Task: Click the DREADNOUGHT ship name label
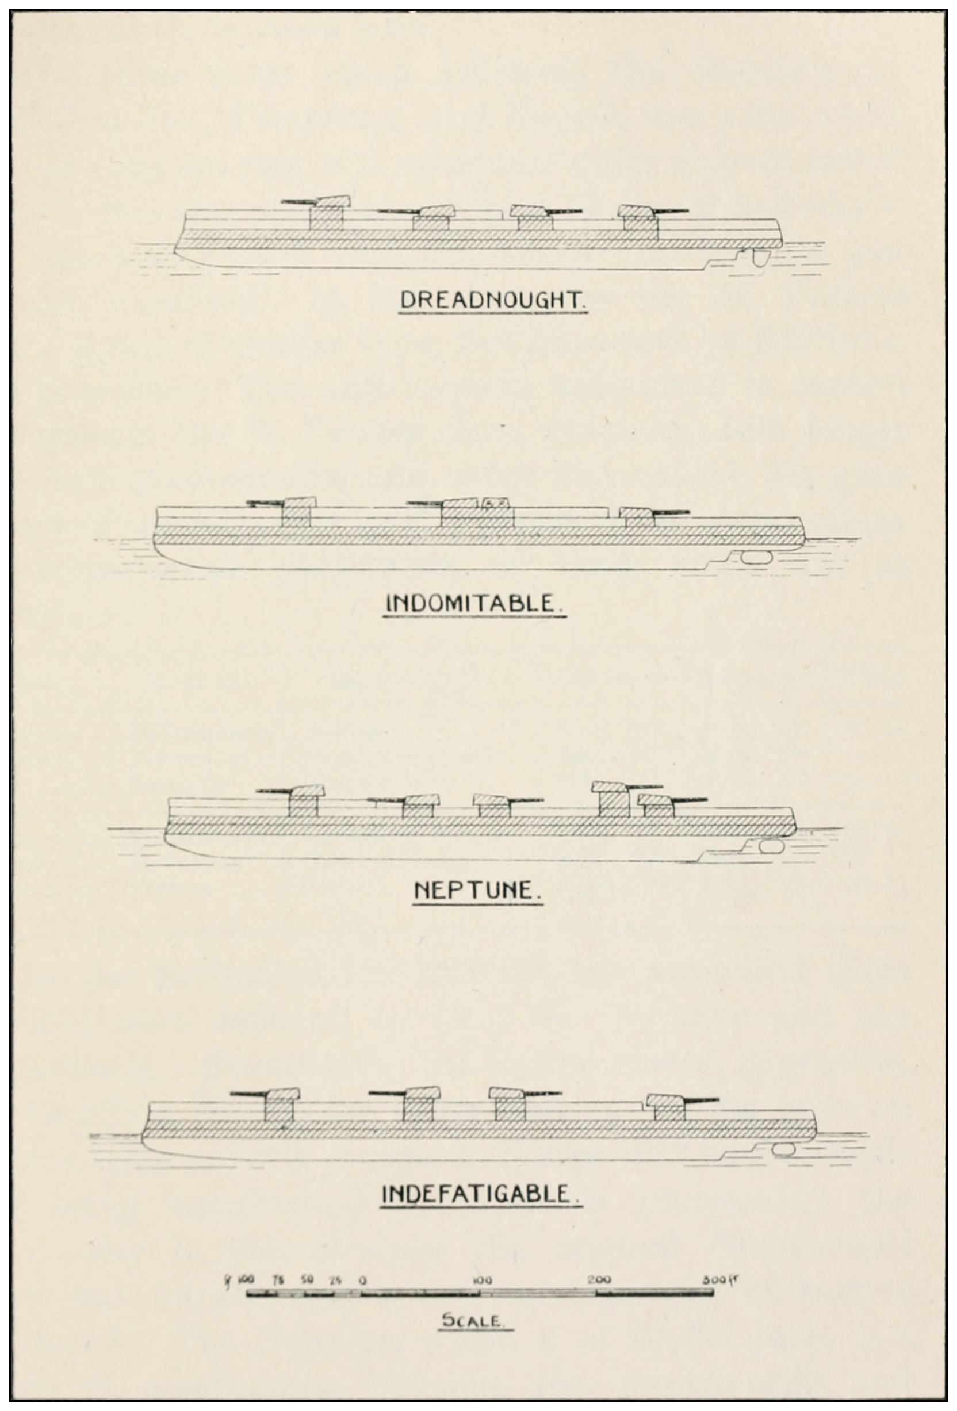coord(492,301)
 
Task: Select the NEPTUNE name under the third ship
coord(477,891)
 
